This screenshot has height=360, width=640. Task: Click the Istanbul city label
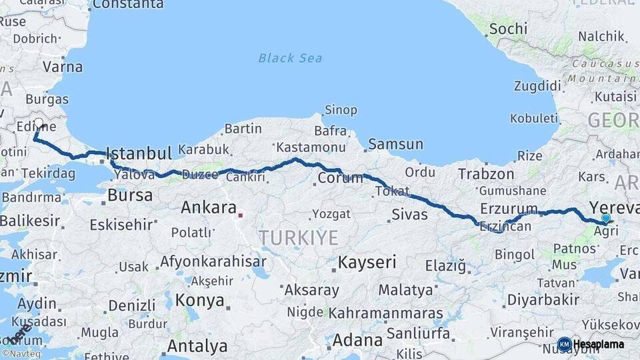coord(139,153)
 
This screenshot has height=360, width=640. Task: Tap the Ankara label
coord(209,207)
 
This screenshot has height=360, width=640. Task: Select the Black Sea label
coord(290,58)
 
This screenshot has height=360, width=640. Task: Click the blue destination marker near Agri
coord(605,218)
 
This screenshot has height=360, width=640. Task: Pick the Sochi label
coord(508,29)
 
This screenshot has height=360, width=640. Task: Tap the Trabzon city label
coord(486,174)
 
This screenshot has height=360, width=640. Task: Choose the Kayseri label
coord(367,262)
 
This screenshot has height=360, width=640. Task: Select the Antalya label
coord(197,346)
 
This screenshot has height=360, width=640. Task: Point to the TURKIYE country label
coord(298,237)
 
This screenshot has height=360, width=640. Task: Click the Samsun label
coord(395,144)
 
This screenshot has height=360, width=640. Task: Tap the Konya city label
coord(200,300)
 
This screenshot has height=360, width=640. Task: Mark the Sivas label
coord(409,214)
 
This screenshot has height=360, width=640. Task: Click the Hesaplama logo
coord(591,344)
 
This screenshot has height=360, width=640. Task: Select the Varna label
coord(63,67)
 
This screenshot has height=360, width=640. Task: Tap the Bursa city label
coord(130,196)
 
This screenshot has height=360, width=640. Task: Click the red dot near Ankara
coord(241,215)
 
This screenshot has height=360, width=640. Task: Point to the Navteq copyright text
coord(21,353)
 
